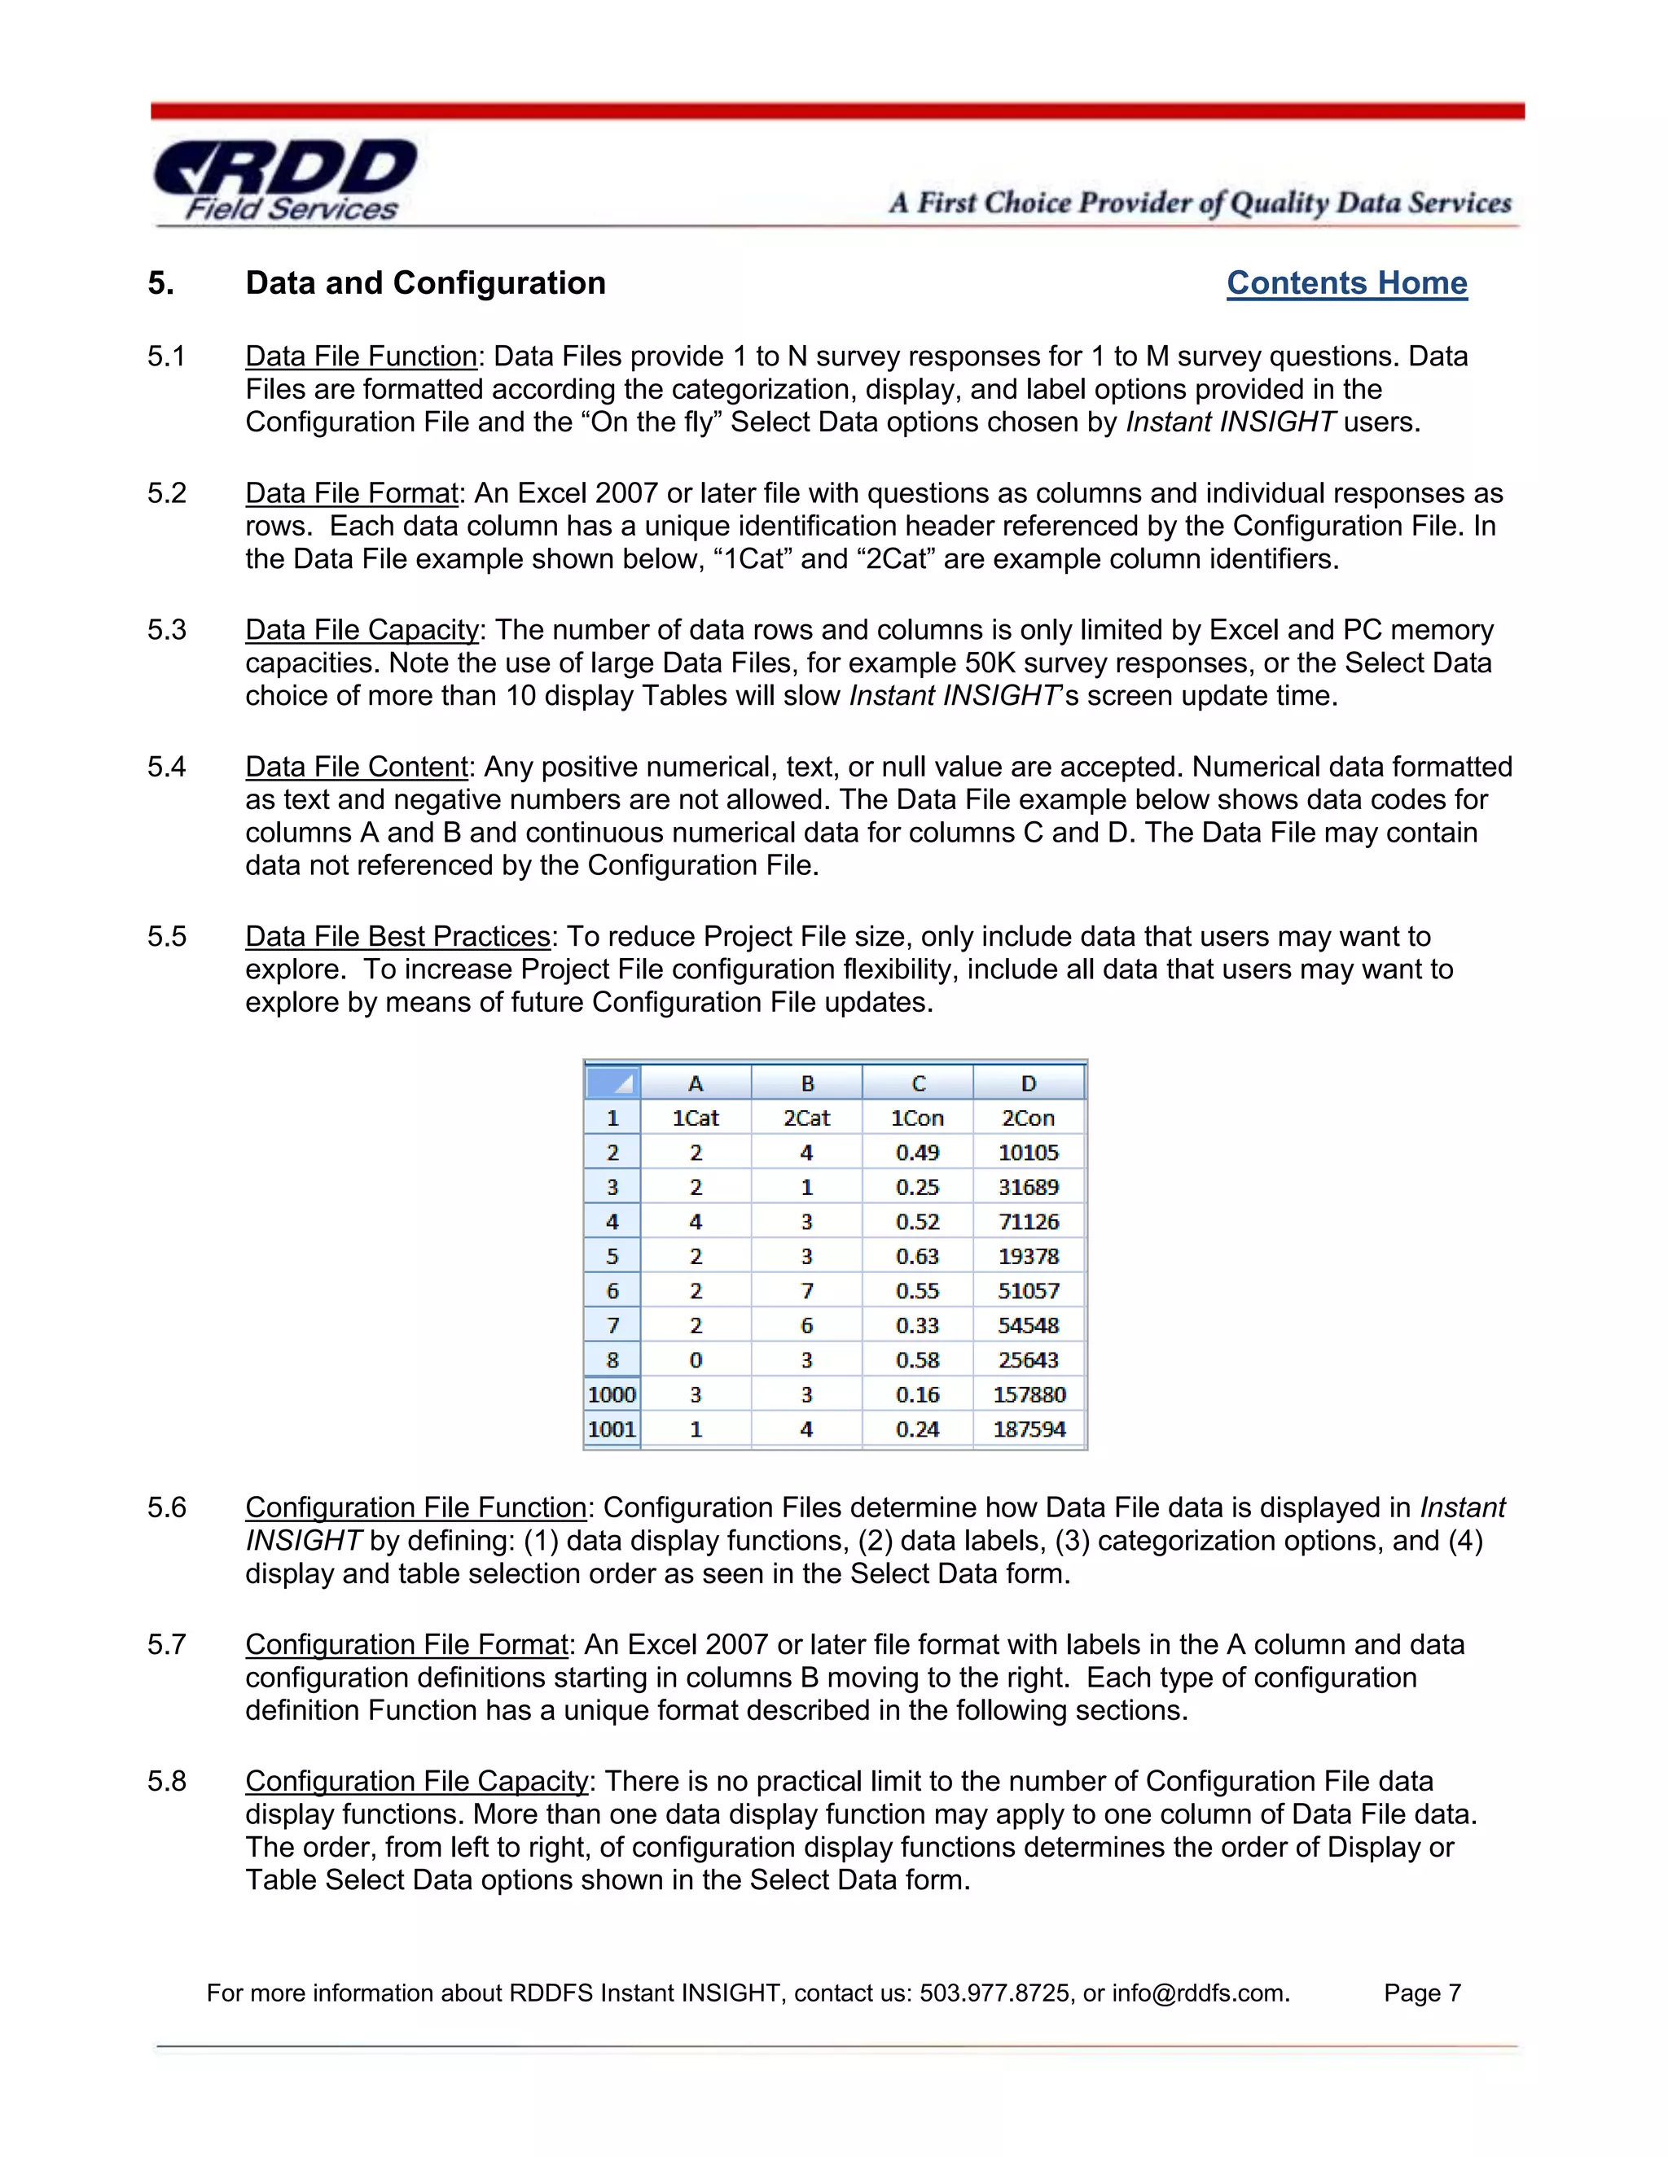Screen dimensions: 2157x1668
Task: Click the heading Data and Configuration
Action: coord(425,283)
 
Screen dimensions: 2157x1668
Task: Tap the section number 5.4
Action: coord(166,767)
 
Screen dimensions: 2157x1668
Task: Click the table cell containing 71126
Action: coord(1028,1222)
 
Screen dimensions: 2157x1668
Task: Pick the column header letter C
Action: coord(918,1083)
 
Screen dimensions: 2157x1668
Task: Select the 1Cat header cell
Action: coord(696,1118)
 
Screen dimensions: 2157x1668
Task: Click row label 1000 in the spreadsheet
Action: coord(612,1394)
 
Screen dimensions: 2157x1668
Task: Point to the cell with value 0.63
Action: coord(917,1256)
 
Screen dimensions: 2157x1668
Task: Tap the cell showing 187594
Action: coord(1029,1429)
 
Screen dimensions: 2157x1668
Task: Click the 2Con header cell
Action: coord(1028,1118)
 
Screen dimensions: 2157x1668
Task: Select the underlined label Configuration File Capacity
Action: coord(416,1781)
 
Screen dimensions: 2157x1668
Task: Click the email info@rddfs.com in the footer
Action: coord(1199,1993)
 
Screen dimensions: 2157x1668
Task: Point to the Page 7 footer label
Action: coord(1421,1993)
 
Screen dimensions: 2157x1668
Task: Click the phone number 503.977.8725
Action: coord(995,1993)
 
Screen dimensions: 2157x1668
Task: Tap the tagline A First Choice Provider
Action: coord(1200,203)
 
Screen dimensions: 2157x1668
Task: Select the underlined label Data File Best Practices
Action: coord(397,936)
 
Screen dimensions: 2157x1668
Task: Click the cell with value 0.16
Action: coord(917,1394)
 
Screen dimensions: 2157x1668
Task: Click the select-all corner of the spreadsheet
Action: coord(612,1083)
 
